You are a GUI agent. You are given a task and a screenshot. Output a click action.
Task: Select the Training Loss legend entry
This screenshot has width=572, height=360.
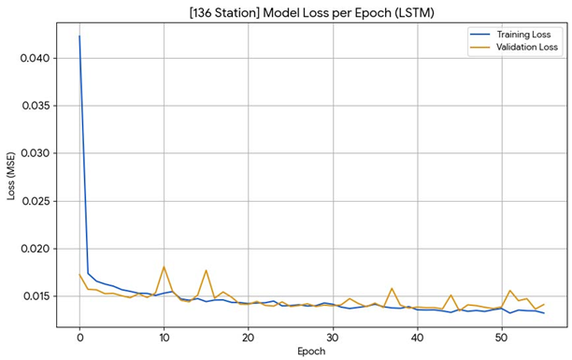click(x=510, y=35)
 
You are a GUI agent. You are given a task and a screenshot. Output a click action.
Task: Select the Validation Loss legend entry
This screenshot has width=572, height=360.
click(x=514, y=47)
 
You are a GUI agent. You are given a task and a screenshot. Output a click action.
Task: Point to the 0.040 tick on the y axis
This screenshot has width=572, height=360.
click(x=36, y=58)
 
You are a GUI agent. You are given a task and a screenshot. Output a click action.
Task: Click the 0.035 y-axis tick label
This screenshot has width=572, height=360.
click(x=36, y=106)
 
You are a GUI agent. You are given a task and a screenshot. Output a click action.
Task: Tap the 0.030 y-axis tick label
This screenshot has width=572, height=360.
click(x=36, y=153)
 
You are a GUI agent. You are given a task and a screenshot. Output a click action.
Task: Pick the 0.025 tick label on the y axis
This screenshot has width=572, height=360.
click(x=36, y=201)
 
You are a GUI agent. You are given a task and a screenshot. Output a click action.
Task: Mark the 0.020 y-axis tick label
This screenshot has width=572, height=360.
click(x=36, y=249)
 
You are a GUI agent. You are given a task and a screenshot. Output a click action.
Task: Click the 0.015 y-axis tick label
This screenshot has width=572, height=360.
click(x=36, y=296)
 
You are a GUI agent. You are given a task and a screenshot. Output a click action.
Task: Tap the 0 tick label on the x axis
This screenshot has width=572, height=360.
click(x=79, y=338)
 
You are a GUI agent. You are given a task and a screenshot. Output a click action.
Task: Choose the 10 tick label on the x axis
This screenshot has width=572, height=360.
click(x=164, y=338)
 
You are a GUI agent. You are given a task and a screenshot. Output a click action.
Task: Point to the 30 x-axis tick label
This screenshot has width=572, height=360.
click(x=333, y=338)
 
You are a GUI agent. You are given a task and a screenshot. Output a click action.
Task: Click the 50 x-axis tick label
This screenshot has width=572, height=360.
click(x=502, y=338)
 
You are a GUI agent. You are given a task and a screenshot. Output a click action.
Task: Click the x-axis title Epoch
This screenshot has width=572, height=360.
click(x=311, y=352)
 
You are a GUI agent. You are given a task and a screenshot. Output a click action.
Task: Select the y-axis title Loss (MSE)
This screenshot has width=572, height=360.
click(x=11, y=176)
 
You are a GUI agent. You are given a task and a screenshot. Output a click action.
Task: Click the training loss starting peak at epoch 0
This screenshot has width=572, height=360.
click(x=79, y=36)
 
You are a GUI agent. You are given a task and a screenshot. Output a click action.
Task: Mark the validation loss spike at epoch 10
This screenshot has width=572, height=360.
click(x=164, y=266)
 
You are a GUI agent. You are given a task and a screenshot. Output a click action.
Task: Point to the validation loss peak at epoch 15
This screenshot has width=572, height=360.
click(x=207, y=270)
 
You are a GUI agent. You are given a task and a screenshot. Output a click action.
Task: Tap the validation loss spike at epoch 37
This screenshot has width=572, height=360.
click(x=392, y=288)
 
